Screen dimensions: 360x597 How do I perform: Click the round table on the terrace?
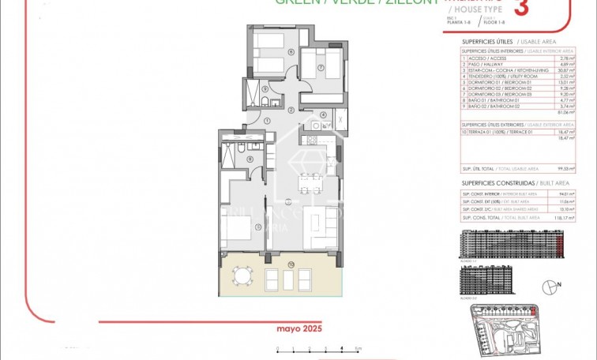(x=242, y=277)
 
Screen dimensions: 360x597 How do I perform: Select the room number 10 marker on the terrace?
(x=269, y=263)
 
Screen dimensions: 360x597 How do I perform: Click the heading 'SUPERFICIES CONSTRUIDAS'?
(x=486, y=183)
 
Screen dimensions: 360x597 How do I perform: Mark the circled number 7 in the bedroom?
(x=320, y=67)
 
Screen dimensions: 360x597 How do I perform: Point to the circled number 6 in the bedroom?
(x=269, y=53)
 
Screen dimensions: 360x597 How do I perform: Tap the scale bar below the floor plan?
(x=317, y=348)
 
